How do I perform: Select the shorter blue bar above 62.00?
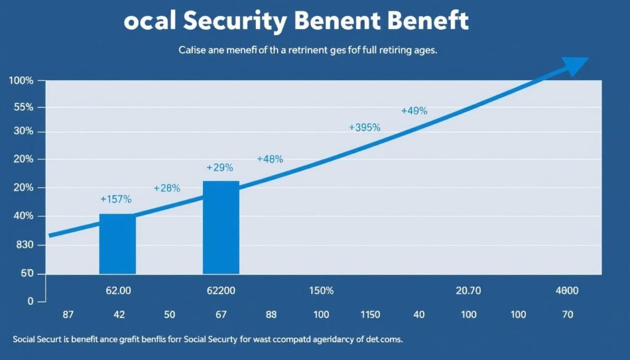[118, 244]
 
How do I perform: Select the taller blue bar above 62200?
[221, 227]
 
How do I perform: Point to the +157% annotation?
[116, 199]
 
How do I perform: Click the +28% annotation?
[167, 188]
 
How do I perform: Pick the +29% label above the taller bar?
[220, 167]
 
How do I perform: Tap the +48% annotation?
[270, 159]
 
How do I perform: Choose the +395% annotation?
[365, 127]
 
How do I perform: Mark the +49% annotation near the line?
[414, 111]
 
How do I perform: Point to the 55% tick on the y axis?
[22, 108]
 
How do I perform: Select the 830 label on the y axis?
[23, 246]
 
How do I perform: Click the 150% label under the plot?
[321, 290]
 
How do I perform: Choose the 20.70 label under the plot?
[468, 290]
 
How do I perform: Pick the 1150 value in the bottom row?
[370, 314]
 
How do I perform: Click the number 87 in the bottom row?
[68, 314]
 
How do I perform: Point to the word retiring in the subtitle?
[378, 51]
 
